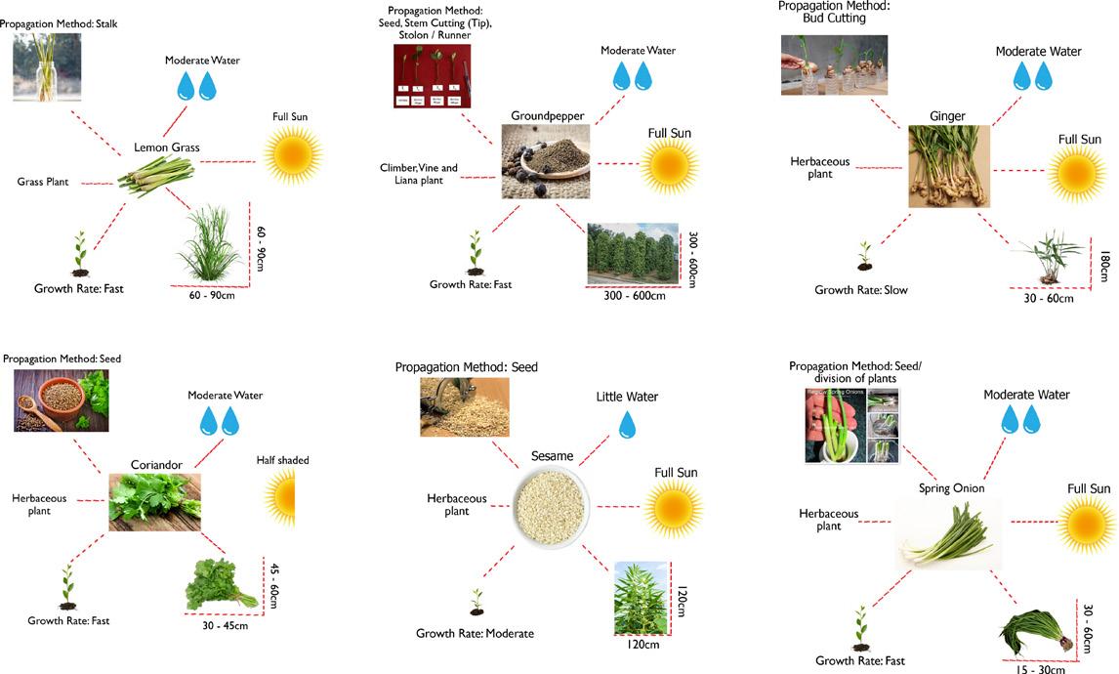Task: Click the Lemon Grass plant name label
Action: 166,147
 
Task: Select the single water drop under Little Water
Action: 627,424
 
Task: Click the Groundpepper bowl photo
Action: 546,161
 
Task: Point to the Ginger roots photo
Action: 948,166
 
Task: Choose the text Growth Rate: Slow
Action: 861,290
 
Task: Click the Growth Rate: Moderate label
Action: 475,634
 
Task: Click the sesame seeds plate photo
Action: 553,505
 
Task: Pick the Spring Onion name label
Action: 951,488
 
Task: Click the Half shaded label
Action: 282,460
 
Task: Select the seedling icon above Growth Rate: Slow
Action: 864,257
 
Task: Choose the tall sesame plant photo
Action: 641,598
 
